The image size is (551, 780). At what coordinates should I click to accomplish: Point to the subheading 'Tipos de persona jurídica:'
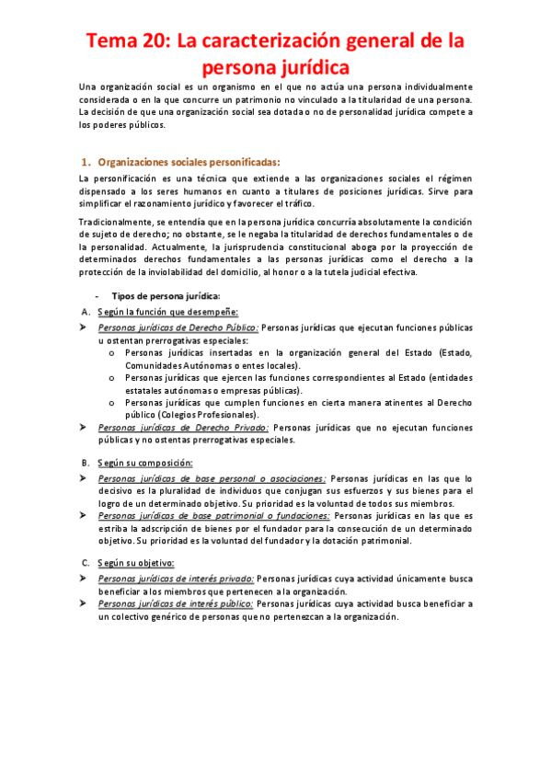click(166, 295)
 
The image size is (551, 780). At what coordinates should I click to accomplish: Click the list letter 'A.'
click(86, 312)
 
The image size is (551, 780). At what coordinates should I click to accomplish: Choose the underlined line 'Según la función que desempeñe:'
click(167, 312)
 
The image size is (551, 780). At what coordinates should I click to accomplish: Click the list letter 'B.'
click(86, 463)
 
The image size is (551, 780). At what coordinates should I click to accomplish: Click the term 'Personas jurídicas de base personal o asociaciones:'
click(212, 478)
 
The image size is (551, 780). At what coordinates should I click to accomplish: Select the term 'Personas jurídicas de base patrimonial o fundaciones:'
click(215, 516)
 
